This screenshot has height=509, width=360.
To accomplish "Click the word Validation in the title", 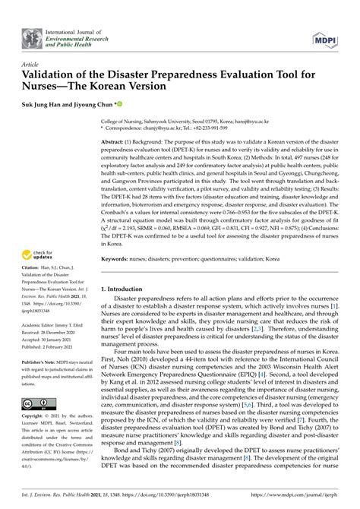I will click(x=58, y=77).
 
